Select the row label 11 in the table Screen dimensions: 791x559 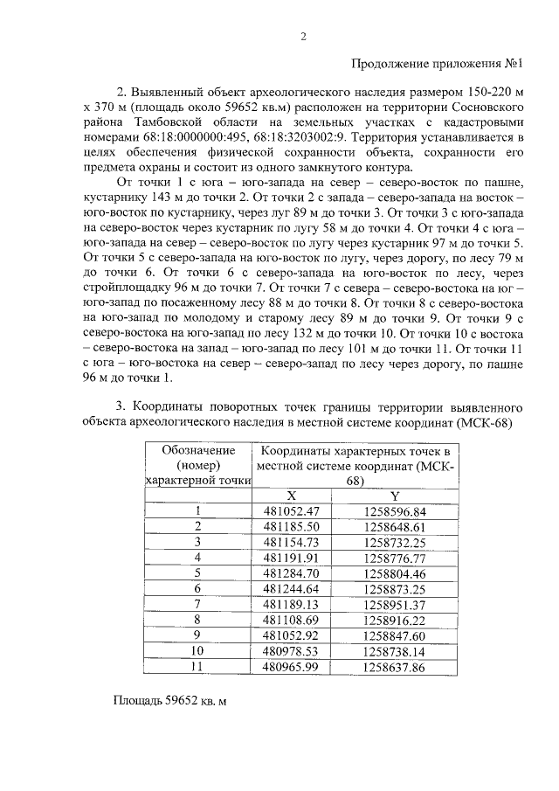coord(197,667)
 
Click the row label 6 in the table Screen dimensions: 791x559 coord(197,588)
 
